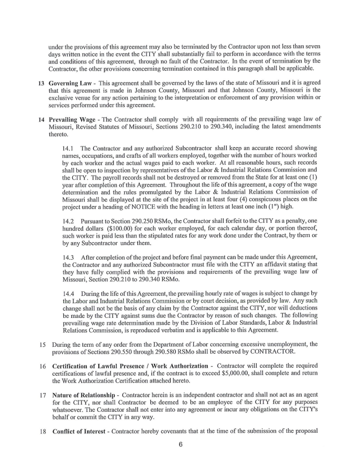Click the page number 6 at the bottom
[x=180, y=444]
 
